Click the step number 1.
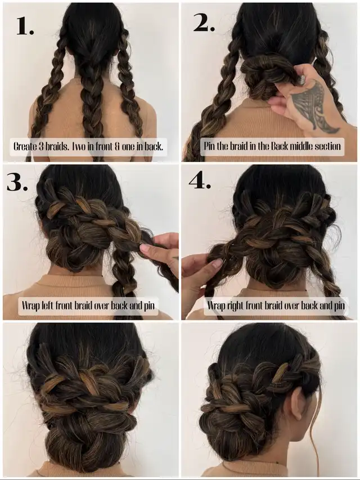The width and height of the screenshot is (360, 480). point(25,26)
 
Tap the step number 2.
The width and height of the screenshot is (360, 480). point(204,23)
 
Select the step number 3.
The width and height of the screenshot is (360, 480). point(17,183)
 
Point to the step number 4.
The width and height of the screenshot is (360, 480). point(200,181)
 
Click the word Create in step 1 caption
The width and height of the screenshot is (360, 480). point(25,146)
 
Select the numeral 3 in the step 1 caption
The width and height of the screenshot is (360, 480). point(42,146)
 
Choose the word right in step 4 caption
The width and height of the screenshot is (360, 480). point(236,305)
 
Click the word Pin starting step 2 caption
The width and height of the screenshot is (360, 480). point(209,146)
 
